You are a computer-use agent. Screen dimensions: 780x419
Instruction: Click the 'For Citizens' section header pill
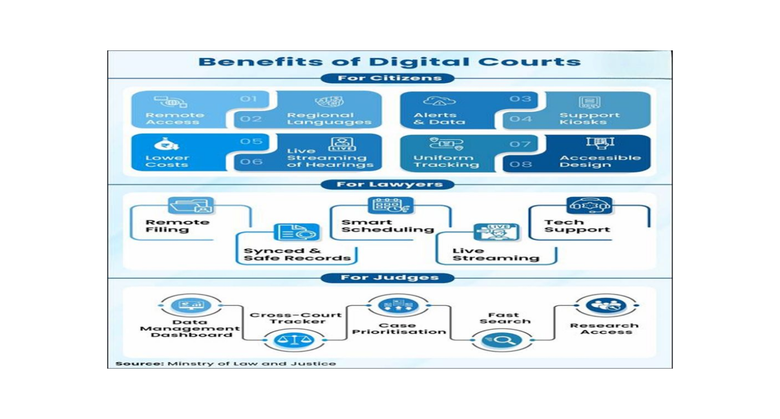[x=388, y=78]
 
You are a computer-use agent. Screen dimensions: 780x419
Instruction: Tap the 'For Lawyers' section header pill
[x=388, y=184]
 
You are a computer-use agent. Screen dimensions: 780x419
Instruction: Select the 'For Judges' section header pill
[x=388, y=278]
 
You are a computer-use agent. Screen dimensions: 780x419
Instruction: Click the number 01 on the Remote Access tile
[x=248, y=99]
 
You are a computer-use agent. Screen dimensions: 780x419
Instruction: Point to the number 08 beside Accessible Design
[x=521, y=164]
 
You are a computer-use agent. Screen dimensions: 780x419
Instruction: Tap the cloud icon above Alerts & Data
[x=439, y=101]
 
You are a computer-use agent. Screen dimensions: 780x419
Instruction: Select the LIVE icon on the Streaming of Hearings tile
[x=342, y=144]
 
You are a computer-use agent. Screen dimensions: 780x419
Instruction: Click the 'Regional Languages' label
[x=329, y=119]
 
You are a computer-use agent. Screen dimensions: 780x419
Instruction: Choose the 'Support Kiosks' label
[x=589, y=119]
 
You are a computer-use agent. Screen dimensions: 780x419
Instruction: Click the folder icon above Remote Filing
[x=191, y=205]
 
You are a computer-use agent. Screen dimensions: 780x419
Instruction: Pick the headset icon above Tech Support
[x=589, y=205]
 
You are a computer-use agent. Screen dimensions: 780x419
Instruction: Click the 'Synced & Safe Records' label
[x=297, y=254]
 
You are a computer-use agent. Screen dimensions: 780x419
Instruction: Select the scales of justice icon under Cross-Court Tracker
[x=294, y=340]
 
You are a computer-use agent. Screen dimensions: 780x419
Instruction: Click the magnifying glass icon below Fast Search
[x=502, y=340]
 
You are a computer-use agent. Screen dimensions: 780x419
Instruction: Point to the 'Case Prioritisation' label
[x=399, y=328]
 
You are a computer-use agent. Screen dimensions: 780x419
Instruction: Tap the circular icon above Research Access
[x=606, y=305]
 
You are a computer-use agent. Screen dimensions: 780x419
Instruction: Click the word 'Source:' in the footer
[x=140, y=364]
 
